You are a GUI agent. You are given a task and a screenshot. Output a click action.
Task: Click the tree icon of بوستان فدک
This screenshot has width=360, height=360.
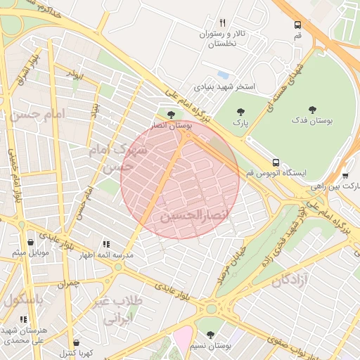tap(312, 110)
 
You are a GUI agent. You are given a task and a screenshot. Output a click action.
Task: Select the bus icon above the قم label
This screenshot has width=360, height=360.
tap(298, 25)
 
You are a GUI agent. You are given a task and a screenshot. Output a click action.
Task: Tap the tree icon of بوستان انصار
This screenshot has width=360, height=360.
tap(171, 114)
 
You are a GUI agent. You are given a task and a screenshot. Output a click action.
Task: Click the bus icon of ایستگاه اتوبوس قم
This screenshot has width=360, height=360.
tap(275, 161)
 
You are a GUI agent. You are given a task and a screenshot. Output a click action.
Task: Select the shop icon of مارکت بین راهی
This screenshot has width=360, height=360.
tap(345, 176)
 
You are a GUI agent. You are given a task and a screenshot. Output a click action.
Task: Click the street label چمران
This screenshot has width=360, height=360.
tap(70, 283)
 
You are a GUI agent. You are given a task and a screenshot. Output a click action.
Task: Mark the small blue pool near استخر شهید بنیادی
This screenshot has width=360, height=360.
tap(223, 75)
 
